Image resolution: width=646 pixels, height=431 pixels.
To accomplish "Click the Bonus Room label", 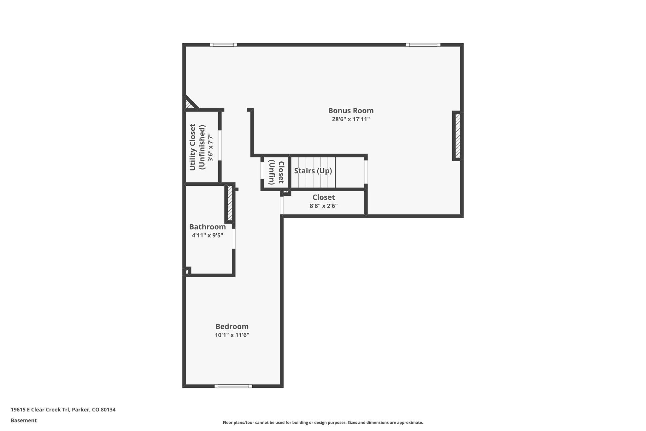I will (351, 111).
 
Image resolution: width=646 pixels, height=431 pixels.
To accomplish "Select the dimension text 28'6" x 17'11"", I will (351, 119).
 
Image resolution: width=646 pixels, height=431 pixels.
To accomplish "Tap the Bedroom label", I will (232, 326).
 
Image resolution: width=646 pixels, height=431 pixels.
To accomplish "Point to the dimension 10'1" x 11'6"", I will (232, 335).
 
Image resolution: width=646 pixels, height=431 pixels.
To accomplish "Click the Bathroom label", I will (207, 227).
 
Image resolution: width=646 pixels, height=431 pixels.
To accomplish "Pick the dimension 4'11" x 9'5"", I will (207, 235).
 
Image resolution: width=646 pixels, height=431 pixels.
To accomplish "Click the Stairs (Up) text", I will (313, 171).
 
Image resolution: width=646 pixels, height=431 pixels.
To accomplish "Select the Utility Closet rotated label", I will (193, 147).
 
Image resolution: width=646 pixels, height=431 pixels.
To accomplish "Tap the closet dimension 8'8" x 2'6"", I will (323, 206).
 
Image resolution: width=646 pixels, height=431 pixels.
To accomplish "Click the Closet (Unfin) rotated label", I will (276, 172).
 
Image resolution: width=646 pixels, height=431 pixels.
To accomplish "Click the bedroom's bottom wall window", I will (233, 386).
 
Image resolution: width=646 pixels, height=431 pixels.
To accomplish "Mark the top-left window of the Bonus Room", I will (223, 45).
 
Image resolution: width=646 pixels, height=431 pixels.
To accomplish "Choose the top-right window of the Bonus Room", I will (423, 45).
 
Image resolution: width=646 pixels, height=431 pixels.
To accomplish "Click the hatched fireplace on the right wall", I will (457, 136).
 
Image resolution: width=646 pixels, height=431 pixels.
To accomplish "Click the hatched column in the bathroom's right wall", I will (230, 203).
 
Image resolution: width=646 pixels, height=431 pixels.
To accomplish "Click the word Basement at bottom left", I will (24, 421).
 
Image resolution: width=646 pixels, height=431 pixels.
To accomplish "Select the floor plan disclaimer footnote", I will (323, 422).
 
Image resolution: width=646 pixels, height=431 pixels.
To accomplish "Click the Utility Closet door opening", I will (220, 145).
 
